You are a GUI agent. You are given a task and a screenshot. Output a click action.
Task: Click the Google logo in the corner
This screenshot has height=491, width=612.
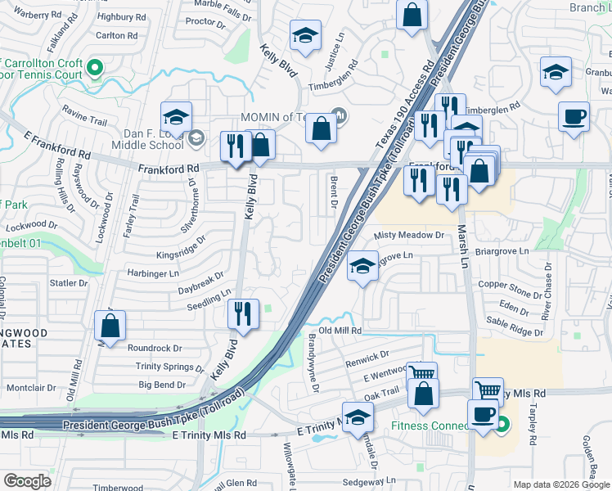tap(28, 481)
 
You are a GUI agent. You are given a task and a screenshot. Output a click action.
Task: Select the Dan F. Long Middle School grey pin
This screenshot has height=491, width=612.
tap(196, 138)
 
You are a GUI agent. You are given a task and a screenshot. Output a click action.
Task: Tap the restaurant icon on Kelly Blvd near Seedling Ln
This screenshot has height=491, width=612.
tap(243, 313)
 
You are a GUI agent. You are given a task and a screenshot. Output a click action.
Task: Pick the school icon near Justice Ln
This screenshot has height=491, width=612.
tap(305, 36)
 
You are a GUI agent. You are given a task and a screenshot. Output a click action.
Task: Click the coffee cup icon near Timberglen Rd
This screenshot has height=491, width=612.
tap(574, 115)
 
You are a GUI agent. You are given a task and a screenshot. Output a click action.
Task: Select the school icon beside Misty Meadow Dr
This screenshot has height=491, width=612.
tap(362, 265)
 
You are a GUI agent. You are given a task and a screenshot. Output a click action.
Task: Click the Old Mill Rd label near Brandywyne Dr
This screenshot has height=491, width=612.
tap(340, 330)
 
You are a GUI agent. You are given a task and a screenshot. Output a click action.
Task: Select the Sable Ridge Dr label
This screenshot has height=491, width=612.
tap(515, 327)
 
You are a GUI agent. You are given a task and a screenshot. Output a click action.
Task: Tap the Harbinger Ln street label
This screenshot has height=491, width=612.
tap(151, 273)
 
